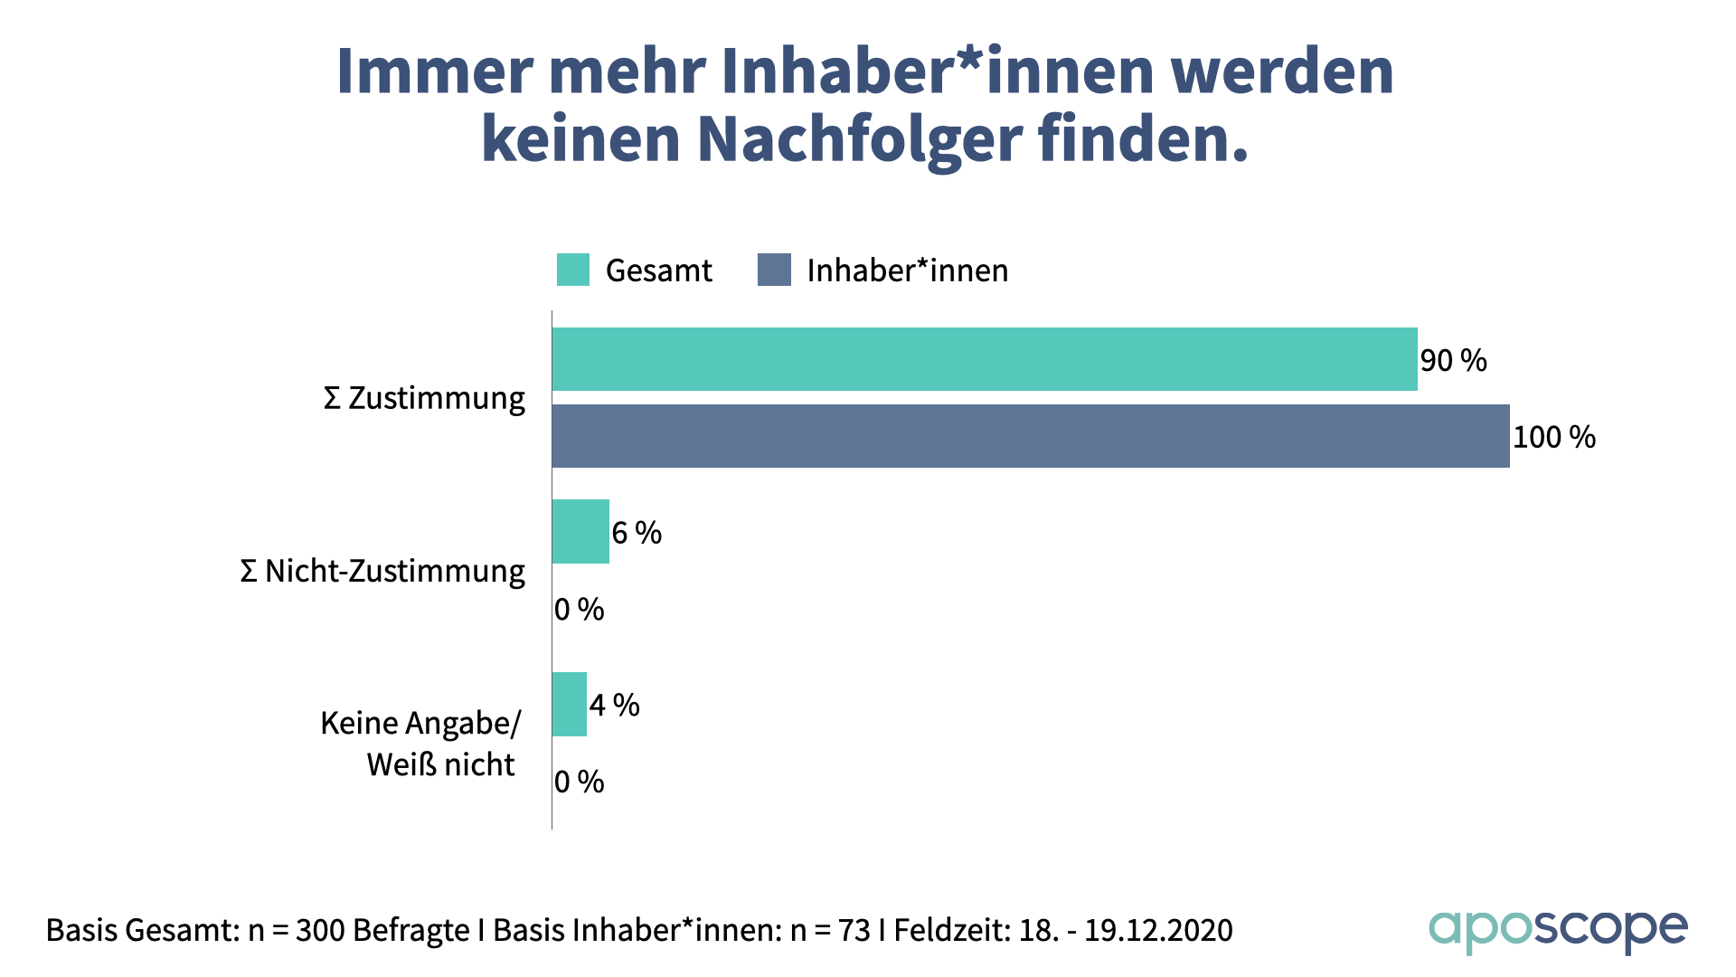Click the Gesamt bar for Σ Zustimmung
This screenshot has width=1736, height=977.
[984, 359]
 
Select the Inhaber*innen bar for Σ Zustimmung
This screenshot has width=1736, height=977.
[1031, 436]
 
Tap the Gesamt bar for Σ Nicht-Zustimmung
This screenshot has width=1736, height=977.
[580, 532]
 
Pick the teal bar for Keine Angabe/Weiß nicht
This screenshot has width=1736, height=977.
[570, 704]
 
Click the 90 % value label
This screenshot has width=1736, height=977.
[1453, 361]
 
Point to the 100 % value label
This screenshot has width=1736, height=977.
[1554, 438]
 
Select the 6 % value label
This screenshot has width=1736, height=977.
[637, 533]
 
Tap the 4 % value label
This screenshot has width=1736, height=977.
[615, 705]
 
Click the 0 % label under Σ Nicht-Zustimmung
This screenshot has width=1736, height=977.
[580, 610]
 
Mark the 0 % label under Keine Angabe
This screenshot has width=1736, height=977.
[580, 782]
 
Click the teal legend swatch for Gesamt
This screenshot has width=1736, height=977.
[573, 270]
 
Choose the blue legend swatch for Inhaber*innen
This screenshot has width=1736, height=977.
[774, 270]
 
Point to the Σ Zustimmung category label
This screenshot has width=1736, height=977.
[424, 398]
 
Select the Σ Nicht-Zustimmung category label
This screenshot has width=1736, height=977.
[382, 571]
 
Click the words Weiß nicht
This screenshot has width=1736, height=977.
[440, 764]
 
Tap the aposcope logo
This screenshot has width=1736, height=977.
[1558, 930]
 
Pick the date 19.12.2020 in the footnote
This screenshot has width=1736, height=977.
[1158, 930]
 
